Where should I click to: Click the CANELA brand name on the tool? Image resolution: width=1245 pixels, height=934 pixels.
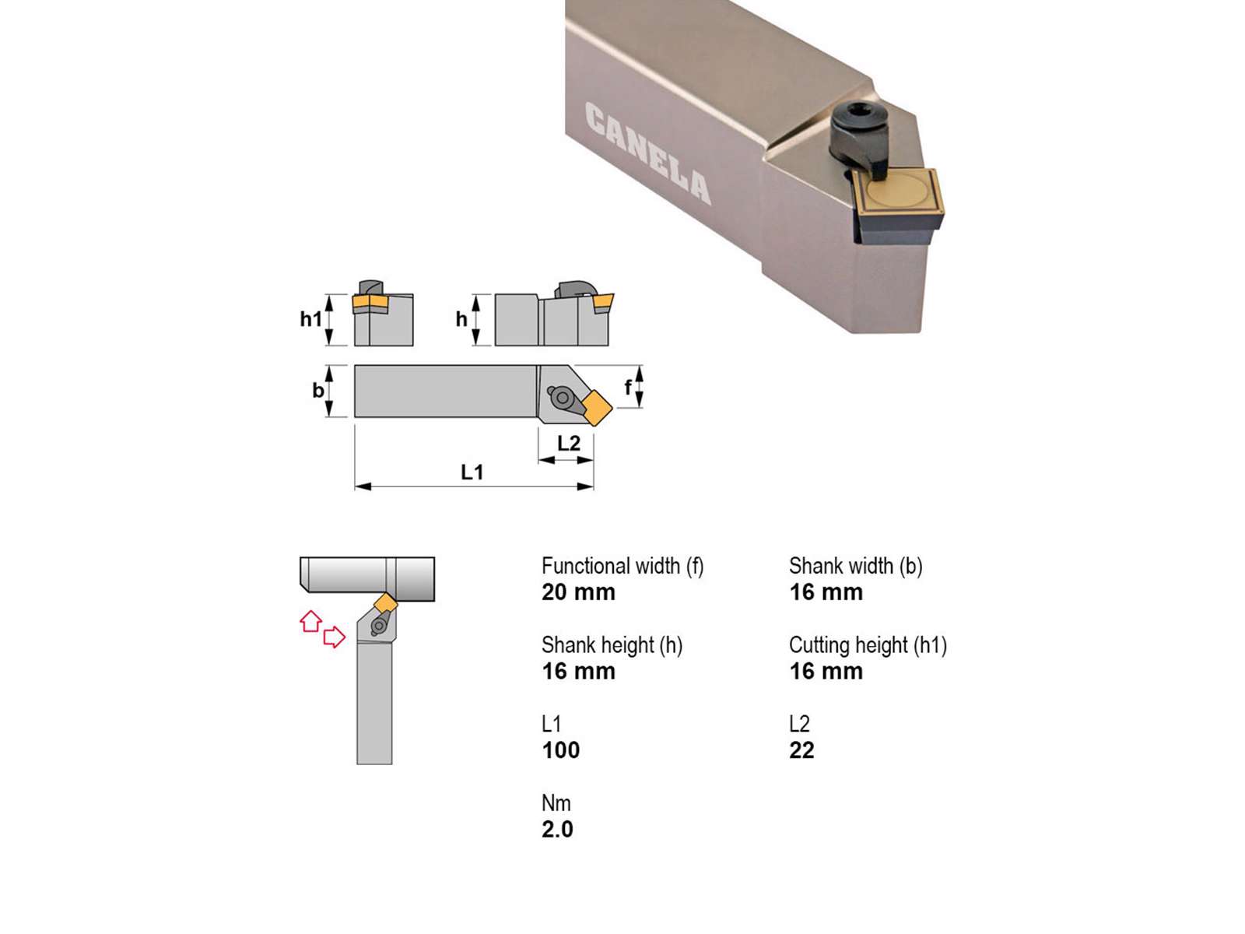(x=647, y=153)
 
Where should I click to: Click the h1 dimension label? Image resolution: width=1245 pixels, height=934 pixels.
(x=310, y=319)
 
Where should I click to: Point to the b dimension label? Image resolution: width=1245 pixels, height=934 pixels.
(x=318, y=390)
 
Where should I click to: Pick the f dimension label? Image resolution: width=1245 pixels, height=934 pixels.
(x=628, y=388)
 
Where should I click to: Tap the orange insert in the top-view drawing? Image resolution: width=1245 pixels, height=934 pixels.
(x=596, y=406)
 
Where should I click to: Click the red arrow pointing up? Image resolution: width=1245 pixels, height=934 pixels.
(x=310, y=621)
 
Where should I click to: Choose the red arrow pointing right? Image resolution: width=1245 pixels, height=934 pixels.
(x=334, y=637)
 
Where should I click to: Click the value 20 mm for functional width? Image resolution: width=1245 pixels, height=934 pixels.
(x=579, y=592)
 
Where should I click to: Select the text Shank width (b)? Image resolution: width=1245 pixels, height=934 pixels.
(x=855, y=566)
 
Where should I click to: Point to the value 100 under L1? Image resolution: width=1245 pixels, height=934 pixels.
(x=561, y=750)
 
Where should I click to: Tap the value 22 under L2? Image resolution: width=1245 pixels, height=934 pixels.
(x=801, y=750)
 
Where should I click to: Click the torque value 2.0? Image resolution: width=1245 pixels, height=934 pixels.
(x=557, y=830)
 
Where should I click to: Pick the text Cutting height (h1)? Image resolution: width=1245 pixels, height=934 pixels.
(x=868, y=645)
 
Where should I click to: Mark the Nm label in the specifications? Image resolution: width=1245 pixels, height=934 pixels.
(x=556, y=803)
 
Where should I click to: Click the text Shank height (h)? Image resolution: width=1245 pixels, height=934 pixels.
(x=612, y=645)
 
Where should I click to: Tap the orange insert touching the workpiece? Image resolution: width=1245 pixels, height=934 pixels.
(x=386, y=602)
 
